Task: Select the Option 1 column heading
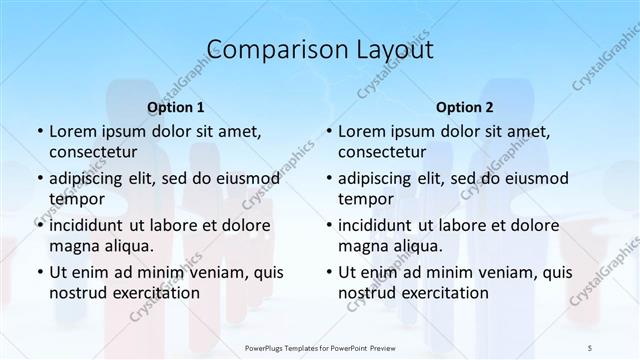click(x=176, y=106)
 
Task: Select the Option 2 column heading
click(x=465, y=106)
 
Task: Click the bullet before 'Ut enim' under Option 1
click(x=38, y=272)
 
